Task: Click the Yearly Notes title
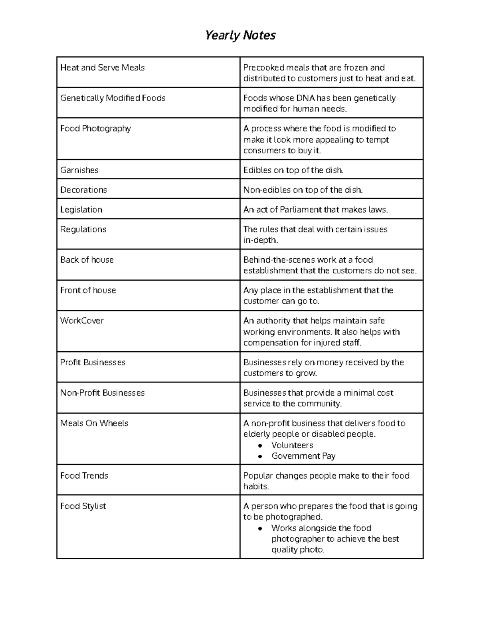coord(240,36)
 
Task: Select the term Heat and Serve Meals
coord(102,68)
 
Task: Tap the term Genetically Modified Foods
coord(113,98)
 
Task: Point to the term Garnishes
coord(79,170)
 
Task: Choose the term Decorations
coord(83,190)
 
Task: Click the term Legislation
coord(81,210)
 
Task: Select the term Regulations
coord(83,230)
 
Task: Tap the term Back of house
coord(87,260)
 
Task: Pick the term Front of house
coord(88,290)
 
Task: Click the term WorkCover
coord(82,321)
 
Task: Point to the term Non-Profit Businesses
coord(102,393)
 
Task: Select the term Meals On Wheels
coord(94,423)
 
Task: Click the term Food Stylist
coord(83,506)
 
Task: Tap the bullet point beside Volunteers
coord(260,446)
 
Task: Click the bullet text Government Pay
coord(303,456)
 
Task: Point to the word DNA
coord(305,98)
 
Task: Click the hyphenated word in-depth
coord(260,240)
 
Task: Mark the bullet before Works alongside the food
coord(260,529)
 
